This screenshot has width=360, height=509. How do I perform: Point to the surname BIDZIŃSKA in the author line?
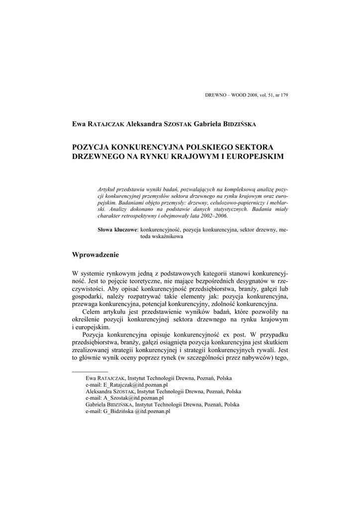pos(239,123)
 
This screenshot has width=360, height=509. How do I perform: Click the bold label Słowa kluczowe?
pos(117,230)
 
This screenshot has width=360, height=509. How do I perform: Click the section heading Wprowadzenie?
pos(95,255)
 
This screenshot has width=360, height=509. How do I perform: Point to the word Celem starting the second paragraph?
pos(90,311)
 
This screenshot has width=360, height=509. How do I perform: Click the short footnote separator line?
pos(90,371)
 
